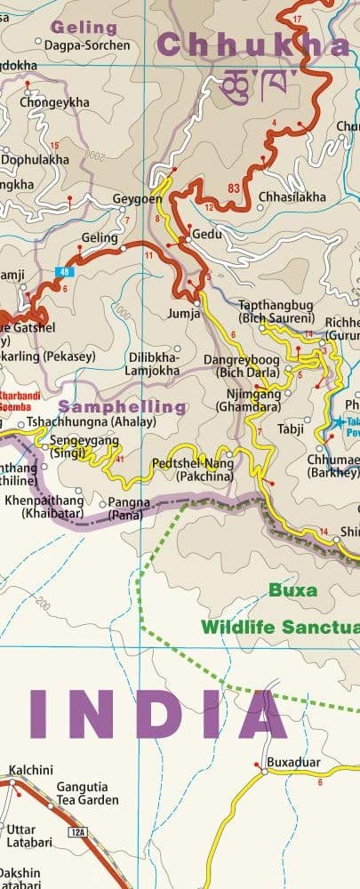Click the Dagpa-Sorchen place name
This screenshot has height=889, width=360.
(87, 44)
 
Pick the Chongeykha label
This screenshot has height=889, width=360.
(60, 103)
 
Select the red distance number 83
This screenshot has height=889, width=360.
(234, 188)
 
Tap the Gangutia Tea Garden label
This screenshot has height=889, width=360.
(86, 794)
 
